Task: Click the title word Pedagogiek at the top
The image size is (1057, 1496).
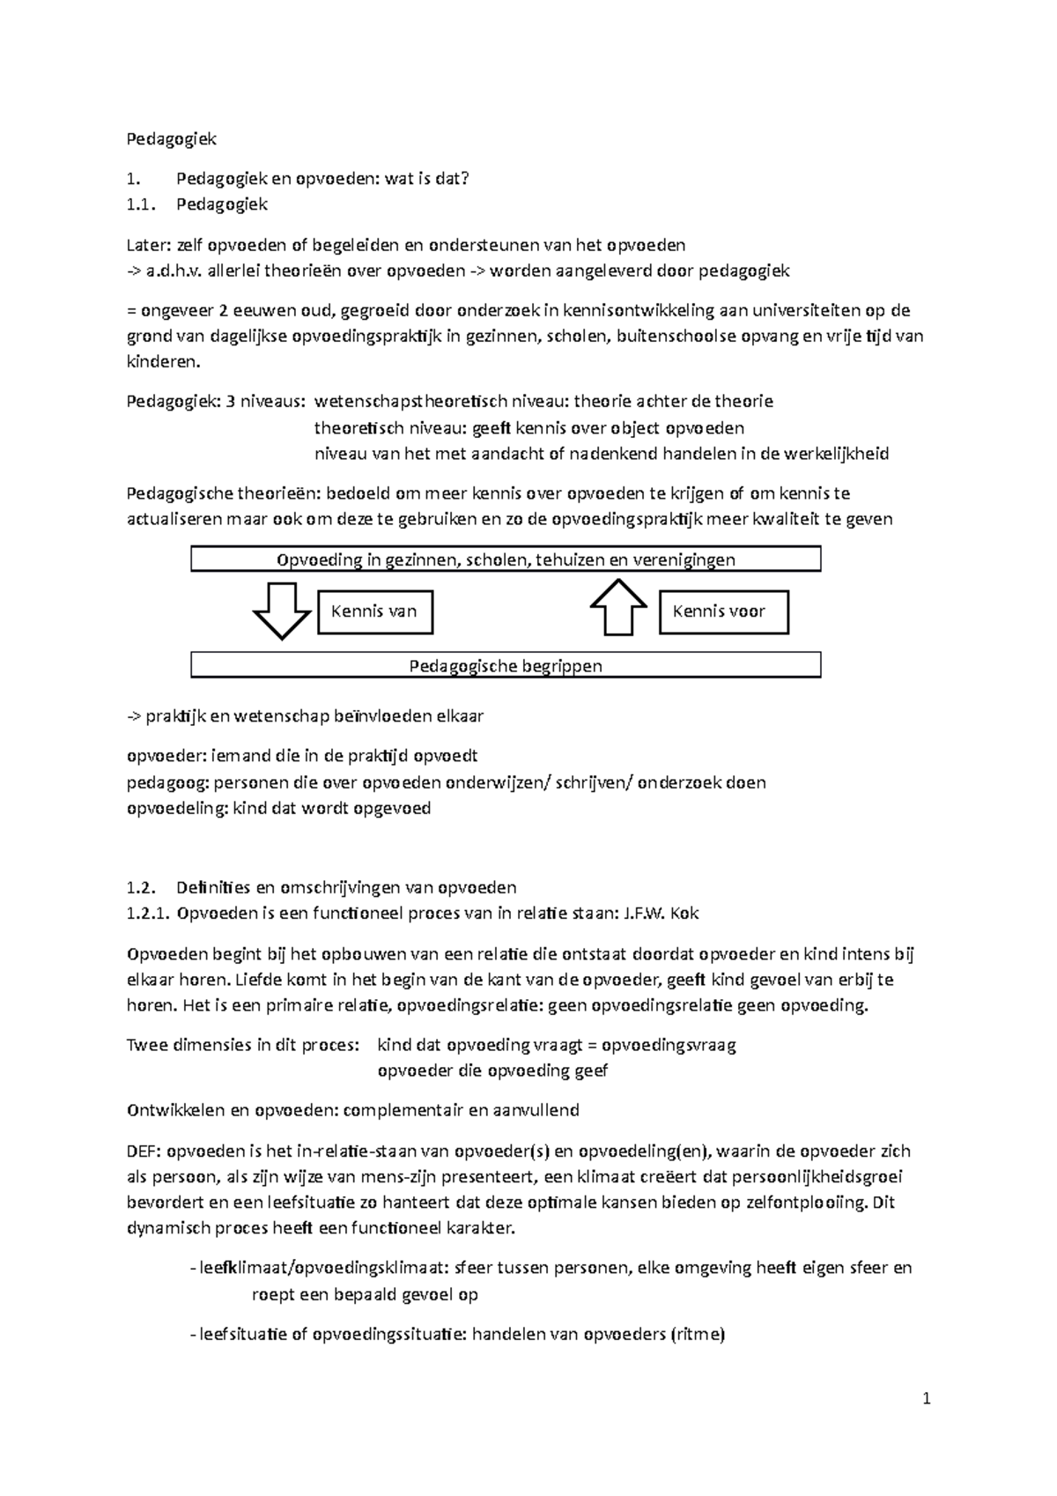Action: tap(171, 139)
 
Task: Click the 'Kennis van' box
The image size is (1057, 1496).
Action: tap(374, 611)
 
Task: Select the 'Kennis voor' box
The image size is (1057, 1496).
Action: tap(723, 611)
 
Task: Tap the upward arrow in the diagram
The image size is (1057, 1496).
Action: tap(618, 607)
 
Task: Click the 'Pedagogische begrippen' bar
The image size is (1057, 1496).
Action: tap(506, 665)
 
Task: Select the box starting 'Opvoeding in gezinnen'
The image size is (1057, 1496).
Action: tap(506, 559)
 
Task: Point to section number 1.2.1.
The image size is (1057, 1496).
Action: tap(147, 914)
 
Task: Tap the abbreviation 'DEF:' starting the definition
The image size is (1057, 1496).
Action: tap(144, 1151)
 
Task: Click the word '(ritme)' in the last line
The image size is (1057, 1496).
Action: tap(698, 1334)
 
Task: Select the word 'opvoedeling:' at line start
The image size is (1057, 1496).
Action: tap(177, 808)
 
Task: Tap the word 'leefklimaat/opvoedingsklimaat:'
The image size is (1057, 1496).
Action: tap(325, 1268)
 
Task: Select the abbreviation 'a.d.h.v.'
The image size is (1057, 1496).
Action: tap(174, 271)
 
